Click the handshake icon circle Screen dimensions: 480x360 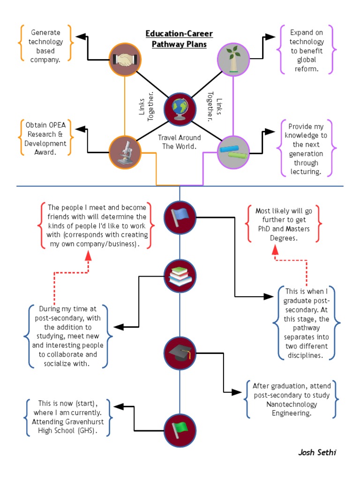(125, 60)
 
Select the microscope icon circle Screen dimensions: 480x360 (125, 152)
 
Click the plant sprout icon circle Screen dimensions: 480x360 (233, 60)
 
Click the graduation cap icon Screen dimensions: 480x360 (180, 353)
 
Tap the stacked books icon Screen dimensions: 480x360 (180, 276)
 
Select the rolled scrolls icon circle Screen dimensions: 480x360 (233, 152)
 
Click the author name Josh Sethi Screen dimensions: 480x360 (317, 452)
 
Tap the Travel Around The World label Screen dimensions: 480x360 (179, 142)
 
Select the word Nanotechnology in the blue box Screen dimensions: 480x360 (291, 404)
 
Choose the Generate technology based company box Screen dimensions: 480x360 (45, 46)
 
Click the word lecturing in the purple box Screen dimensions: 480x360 (306, 172)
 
